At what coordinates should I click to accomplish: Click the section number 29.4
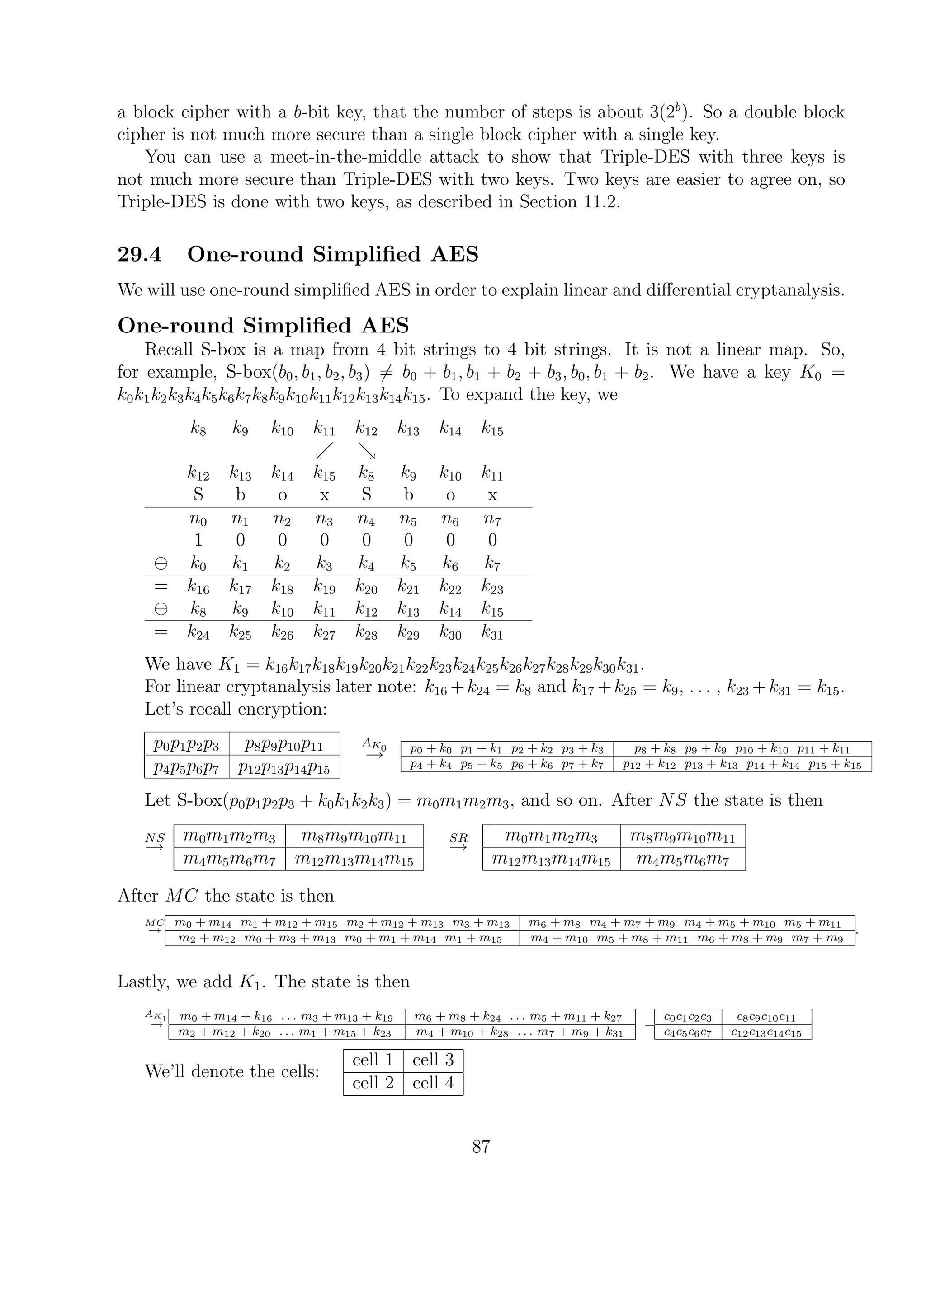[140, 255]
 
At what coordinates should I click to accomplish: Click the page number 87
[481, 1146]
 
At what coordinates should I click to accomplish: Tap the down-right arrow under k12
[367, 451]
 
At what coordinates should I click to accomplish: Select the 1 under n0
[198, 539]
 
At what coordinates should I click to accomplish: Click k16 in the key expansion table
[198, 587]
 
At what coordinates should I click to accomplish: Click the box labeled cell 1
[373, 1060]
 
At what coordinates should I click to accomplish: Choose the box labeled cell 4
[433, 1083]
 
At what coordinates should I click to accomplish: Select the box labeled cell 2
[373, 1083]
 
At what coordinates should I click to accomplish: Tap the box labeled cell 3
[433, 1060]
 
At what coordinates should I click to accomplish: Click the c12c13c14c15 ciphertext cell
[766, 1033]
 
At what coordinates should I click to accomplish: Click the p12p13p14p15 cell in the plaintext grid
[284, 768]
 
